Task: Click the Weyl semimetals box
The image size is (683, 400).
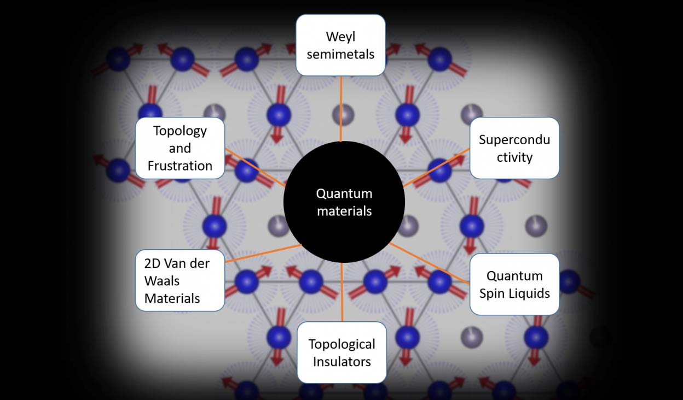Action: click(340, 45)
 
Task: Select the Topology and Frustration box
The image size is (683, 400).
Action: click(180, 148)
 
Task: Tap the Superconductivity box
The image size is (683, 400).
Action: click(514, 148)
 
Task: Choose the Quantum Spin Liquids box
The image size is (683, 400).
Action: click(514, 284)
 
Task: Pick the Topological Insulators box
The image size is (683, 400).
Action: click(342, 352)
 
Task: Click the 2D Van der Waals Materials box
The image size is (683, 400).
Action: click(180, 280)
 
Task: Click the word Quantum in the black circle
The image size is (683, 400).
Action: click(344, 193)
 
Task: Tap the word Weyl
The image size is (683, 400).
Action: click(340, 37)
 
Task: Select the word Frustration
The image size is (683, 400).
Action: click(180, 166)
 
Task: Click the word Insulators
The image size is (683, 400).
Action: click(342, 361)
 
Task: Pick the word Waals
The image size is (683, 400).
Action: click(162, 280)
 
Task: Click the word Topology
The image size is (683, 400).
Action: click(180, 131)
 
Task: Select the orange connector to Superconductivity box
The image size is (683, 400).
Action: click(437, 167)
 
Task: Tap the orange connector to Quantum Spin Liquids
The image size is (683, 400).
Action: click(430, 263)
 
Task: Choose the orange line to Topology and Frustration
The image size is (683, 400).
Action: click(254, 167)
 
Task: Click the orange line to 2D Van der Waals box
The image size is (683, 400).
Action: click(263, 253)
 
